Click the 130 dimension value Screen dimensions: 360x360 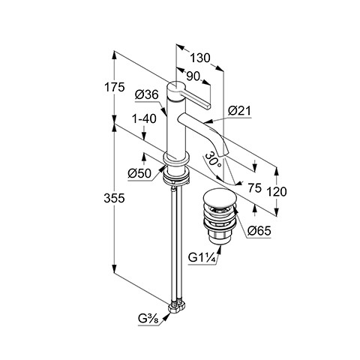pos(200,58)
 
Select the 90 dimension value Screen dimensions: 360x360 pos(193,76)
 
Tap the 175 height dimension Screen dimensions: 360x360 pos(114,88)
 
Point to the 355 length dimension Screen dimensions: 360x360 pos(114,199)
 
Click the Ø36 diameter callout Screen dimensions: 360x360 pos(147,95)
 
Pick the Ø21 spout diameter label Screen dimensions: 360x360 pos(239,111)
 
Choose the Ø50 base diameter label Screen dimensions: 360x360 pos(139,173)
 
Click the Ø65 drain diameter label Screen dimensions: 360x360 pos(259,231)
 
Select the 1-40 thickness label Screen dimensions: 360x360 pos(144,118)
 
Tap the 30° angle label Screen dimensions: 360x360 pos(213,160)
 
